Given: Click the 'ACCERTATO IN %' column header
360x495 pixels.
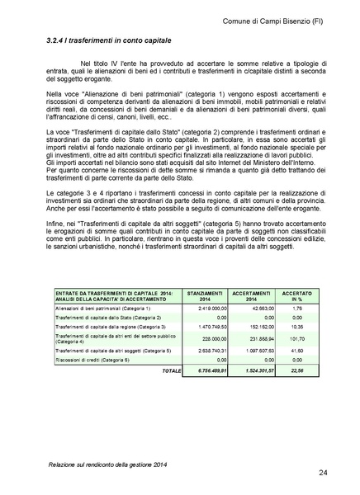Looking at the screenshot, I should pyautogui.click(x=291, y=295).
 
